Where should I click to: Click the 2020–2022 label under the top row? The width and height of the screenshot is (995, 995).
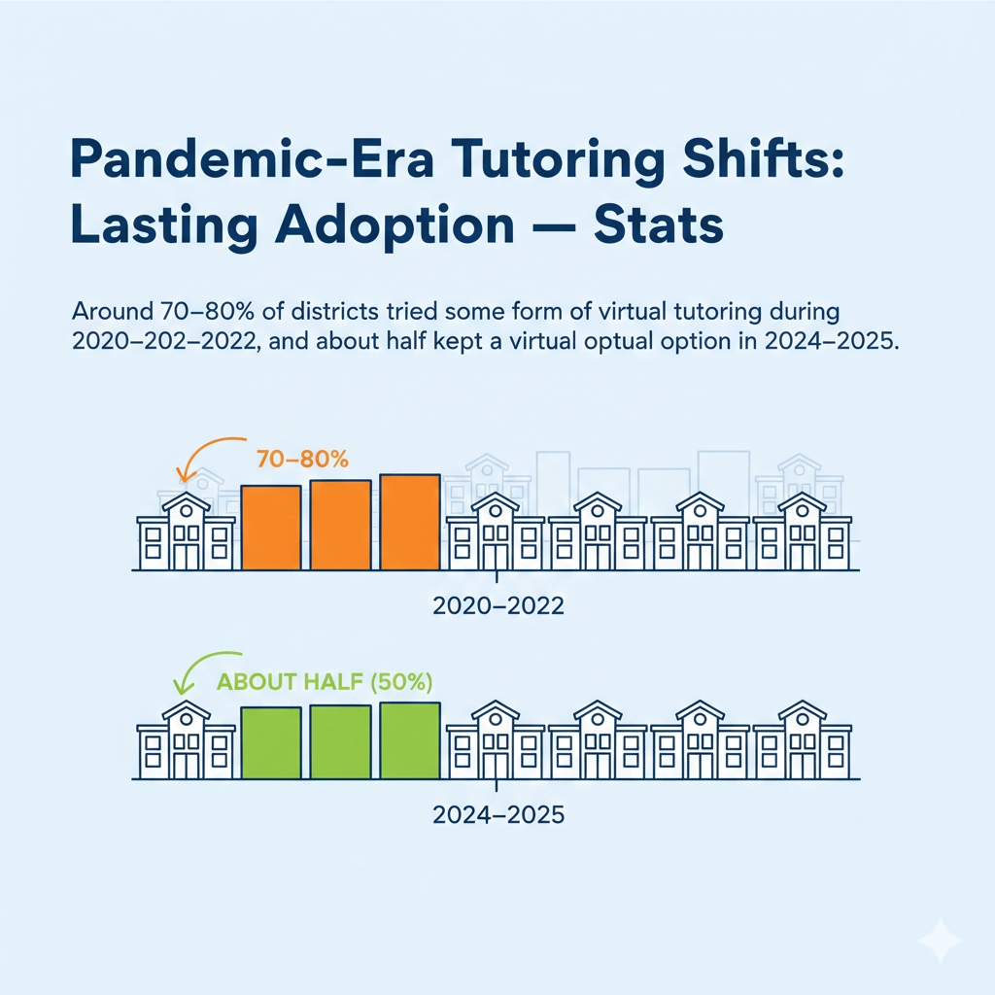tap(497, 607)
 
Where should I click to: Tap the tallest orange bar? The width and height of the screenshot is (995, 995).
tap(410, 522)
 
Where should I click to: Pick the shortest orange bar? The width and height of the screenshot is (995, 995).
tap(270, 527)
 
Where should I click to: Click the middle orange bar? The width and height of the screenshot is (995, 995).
tap(340, 525)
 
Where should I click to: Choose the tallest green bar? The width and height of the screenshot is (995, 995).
tap(410, 740)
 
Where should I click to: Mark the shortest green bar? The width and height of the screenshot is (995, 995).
tap(270, 743)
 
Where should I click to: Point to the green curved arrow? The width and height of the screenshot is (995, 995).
tap(199, 673)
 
